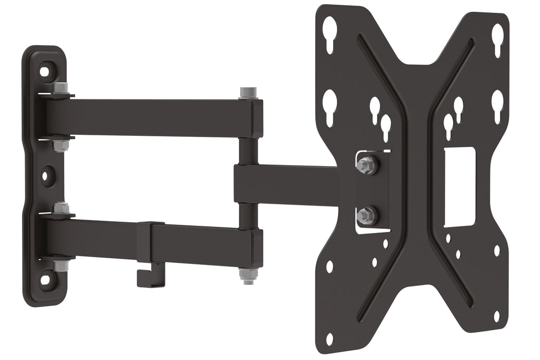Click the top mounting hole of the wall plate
coord(45,70)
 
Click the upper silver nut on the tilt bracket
coord(366,165)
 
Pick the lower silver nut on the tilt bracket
coord(366,215)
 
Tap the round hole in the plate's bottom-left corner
coord(329,339)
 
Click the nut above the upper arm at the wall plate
coord(61,88)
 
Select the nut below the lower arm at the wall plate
coord(61,265)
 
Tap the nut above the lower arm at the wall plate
coord(61,208)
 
